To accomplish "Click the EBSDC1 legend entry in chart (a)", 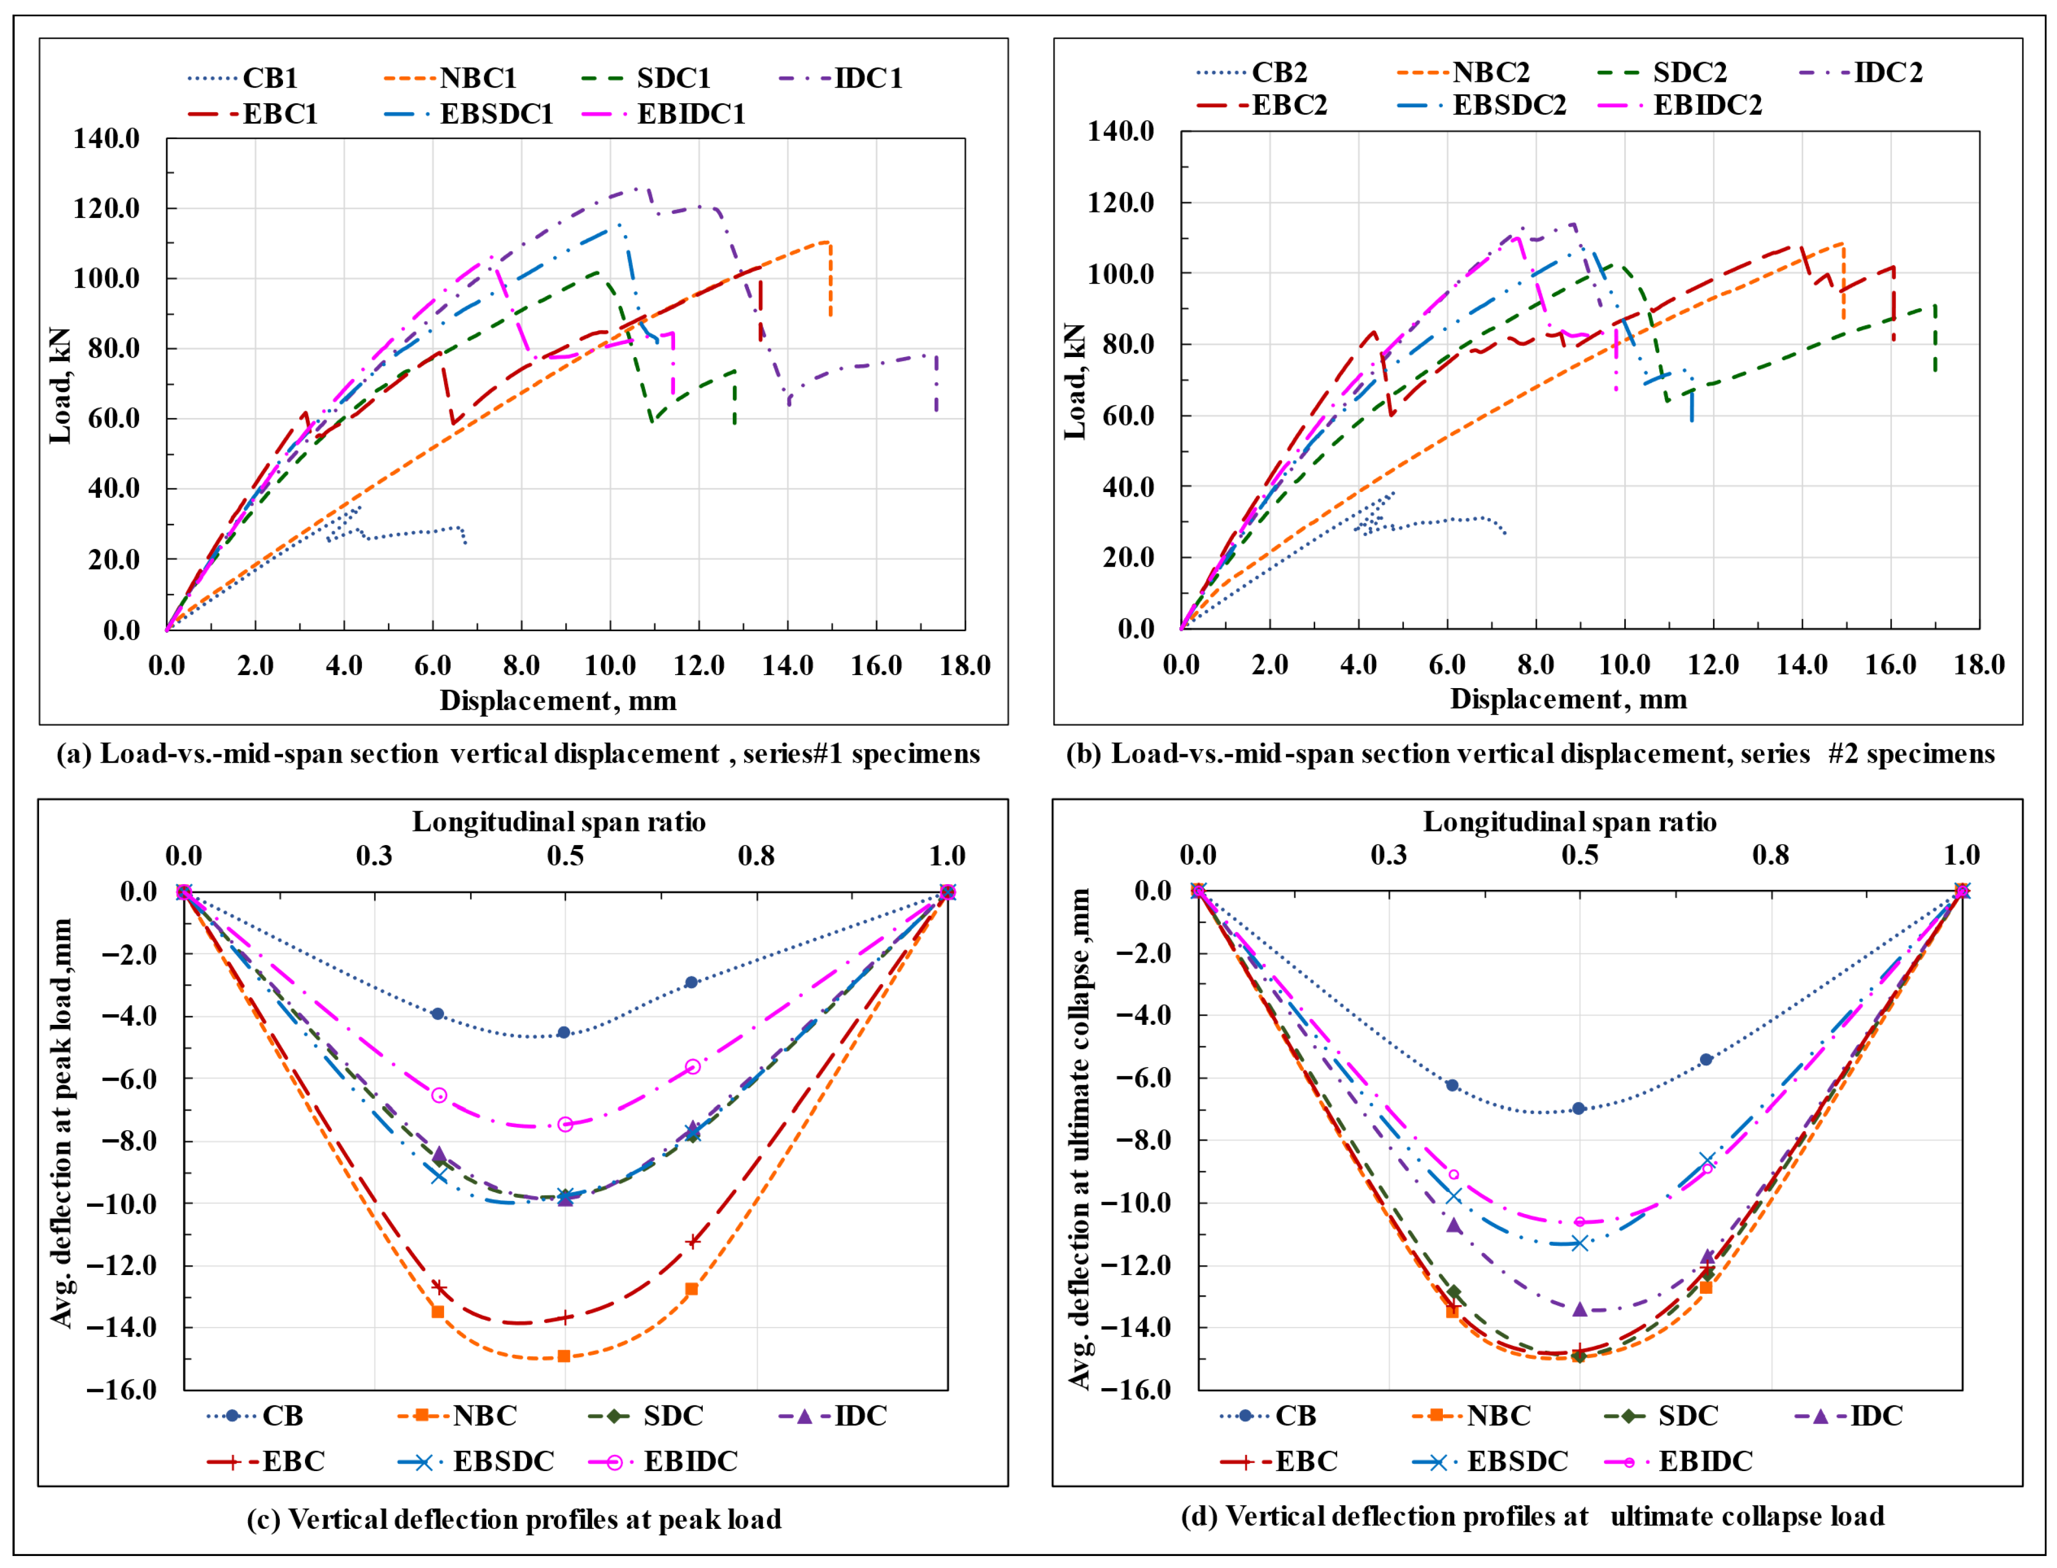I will coord(496,114).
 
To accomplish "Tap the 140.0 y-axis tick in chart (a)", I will coord(106,138).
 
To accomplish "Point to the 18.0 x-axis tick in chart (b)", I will coord(1979,665).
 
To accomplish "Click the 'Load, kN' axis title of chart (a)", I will coord(60,385).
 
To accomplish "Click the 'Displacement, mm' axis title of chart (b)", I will coord(1568,699).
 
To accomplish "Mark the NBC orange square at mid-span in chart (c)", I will coord(564,1356).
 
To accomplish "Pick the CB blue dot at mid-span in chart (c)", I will coord(564,1032).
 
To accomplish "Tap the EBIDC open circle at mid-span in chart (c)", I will coord(565,1125).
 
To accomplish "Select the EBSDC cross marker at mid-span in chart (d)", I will coord(1579,1243).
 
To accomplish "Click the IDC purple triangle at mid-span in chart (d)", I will coord(1579,1309).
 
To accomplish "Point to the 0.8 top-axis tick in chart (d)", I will coord(1770,855).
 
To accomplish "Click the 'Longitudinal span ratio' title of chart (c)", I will coord(559,822).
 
